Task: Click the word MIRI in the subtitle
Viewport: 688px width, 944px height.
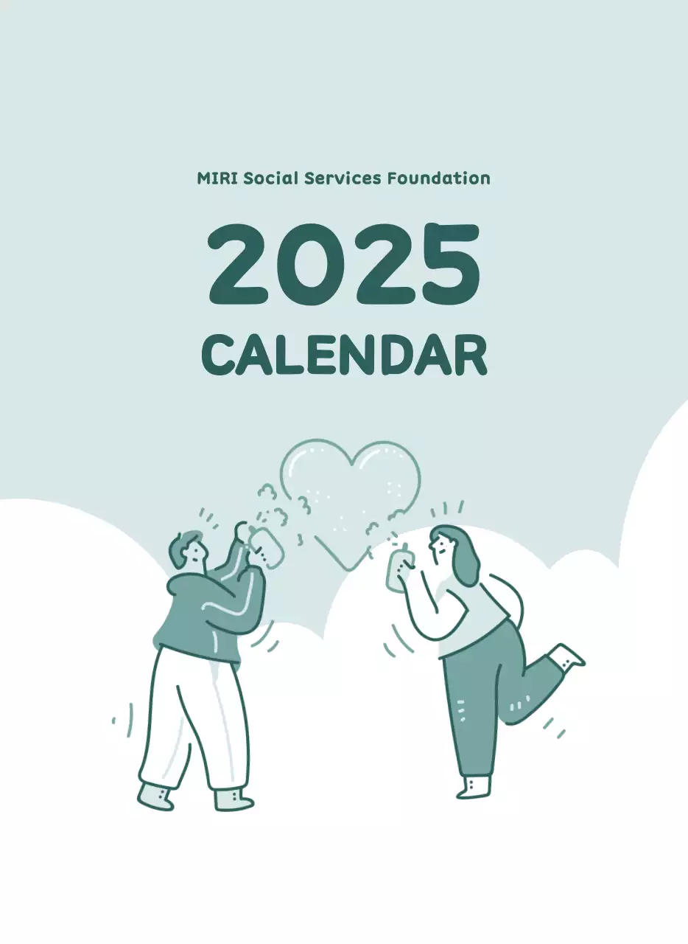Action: pyautogui.click(x=217, y=178)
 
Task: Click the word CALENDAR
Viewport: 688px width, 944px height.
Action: pyautogui.click(x=344, y=355)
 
